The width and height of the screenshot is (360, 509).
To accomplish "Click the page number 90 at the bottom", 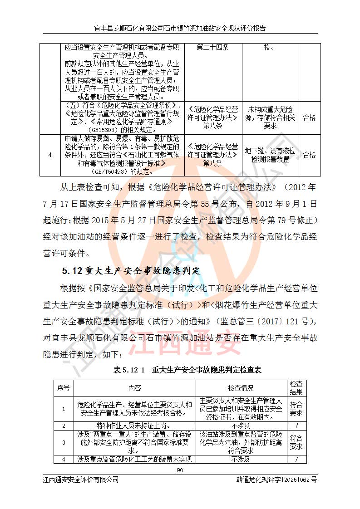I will (180, 470).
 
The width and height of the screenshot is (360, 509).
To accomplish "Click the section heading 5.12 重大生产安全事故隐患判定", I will (131, 271).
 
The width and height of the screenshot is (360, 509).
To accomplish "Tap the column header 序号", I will (64, 388).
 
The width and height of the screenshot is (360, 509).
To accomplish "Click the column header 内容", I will (135, 388).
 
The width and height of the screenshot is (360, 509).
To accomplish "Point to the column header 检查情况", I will (241, 388).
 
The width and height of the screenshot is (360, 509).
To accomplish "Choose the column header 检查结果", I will (296, 388).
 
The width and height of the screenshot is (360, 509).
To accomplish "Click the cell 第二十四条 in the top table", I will (212, 48).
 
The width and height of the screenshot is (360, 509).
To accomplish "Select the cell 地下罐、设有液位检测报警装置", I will (270, 155).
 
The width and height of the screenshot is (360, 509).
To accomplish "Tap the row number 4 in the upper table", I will (50, 155).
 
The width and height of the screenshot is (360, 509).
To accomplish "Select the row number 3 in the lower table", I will (64, 442).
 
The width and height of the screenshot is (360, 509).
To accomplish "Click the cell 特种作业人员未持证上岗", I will (135, 426).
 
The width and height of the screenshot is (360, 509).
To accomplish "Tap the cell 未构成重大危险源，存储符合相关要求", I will (270, 117).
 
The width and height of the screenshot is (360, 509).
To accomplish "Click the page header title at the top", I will (180, 28).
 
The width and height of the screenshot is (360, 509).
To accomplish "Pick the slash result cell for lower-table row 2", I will (296, 426).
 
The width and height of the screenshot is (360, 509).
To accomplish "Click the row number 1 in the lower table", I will (64, 409).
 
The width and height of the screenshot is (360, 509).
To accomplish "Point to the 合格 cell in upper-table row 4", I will (309, 155).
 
